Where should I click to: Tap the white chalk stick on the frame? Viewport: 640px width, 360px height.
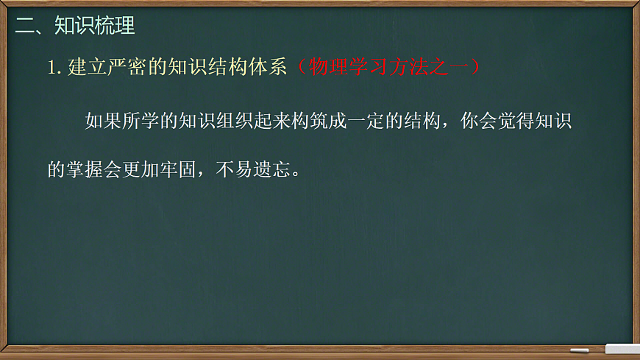tap(580, 350)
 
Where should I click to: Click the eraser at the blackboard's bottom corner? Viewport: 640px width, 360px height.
tap(622, 348)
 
